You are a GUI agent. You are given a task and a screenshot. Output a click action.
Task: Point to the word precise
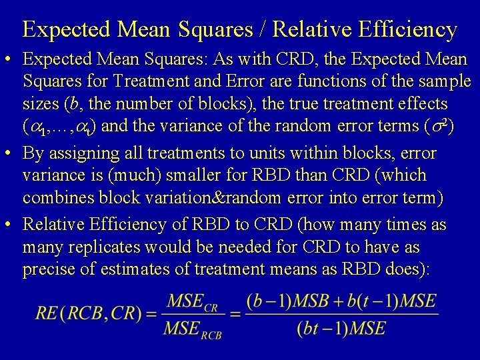49,270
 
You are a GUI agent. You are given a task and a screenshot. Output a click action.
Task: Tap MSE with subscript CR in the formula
193,303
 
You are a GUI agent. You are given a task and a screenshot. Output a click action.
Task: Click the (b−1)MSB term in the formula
285,301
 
